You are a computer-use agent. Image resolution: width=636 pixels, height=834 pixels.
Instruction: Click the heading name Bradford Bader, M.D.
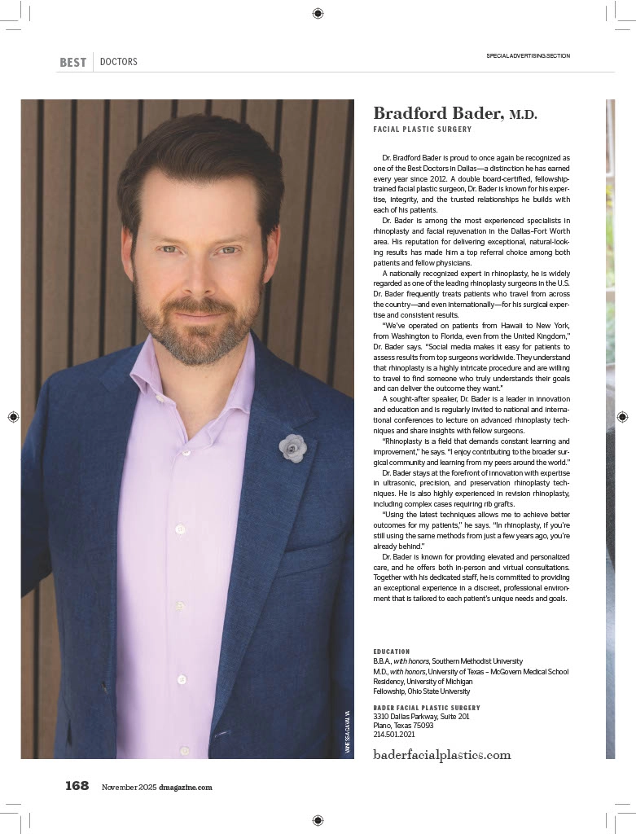454,113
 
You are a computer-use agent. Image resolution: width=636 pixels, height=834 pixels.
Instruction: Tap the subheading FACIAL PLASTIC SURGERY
422,129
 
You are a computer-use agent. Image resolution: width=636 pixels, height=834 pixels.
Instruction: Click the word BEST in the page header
73,62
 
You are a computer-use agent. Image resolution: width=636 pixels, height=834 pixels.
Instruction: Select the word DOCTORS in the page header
118,62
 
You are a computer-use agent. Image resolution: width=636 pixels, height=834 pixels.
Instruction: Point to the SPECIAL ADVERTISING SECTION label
528,56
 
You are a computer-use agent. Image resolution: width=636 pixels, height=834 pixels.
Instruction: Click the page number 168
77,786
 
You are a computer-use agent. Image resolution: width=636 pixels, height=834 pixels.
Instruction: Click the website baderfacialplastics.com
441,755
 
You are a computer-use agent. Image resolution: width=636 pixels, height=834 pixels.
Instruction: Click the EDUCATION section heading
392,652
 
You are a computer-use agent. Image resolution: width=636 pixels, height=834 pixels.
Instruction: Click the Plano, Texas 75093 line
403,725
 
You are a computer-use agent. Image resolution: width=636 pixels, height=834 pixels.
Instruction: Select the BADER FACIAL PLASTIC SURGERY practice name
427,708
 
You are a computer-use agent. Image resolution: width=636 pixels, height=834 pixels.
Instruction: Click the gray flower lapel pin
292,447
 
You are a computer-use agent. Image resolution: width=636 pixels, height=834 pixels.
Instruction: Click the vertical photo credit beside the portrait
347,730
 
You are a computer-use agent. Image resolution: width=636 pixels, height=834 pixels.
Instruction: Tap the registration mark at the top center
318,13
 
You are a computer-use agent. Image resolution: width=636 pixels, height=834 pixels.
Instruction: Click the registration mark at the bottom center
318,819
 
